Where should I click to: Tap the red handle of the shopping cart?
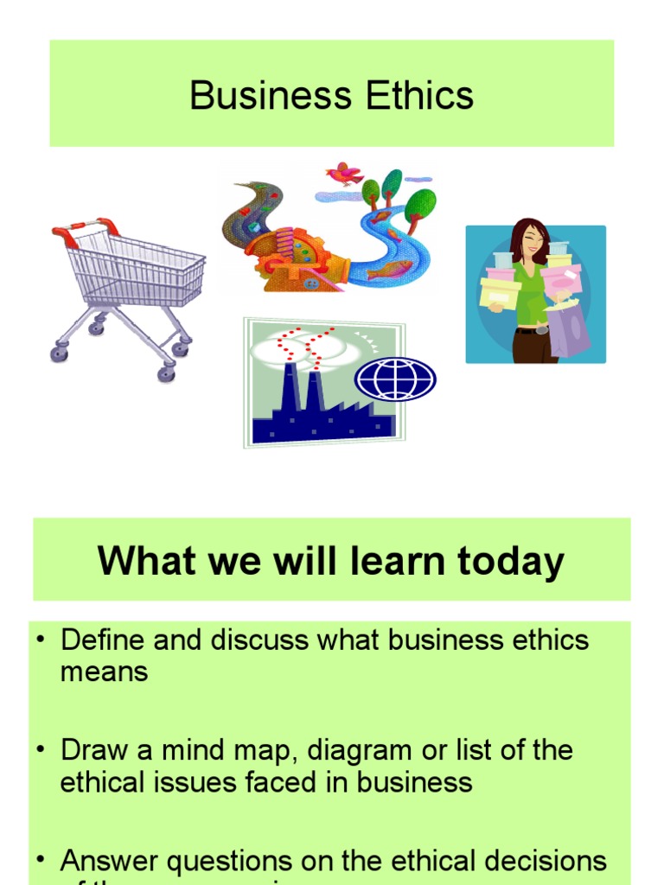[85, 228]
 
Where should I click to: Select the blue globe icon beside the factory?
[396, 379]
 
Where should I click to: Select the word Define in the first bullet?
[105, 640]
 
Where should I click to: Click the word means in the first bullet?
[105, 672]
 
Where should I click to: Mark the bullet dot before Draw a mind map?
[40, 749]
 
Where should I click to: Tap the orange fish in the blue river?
[389, 271]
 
